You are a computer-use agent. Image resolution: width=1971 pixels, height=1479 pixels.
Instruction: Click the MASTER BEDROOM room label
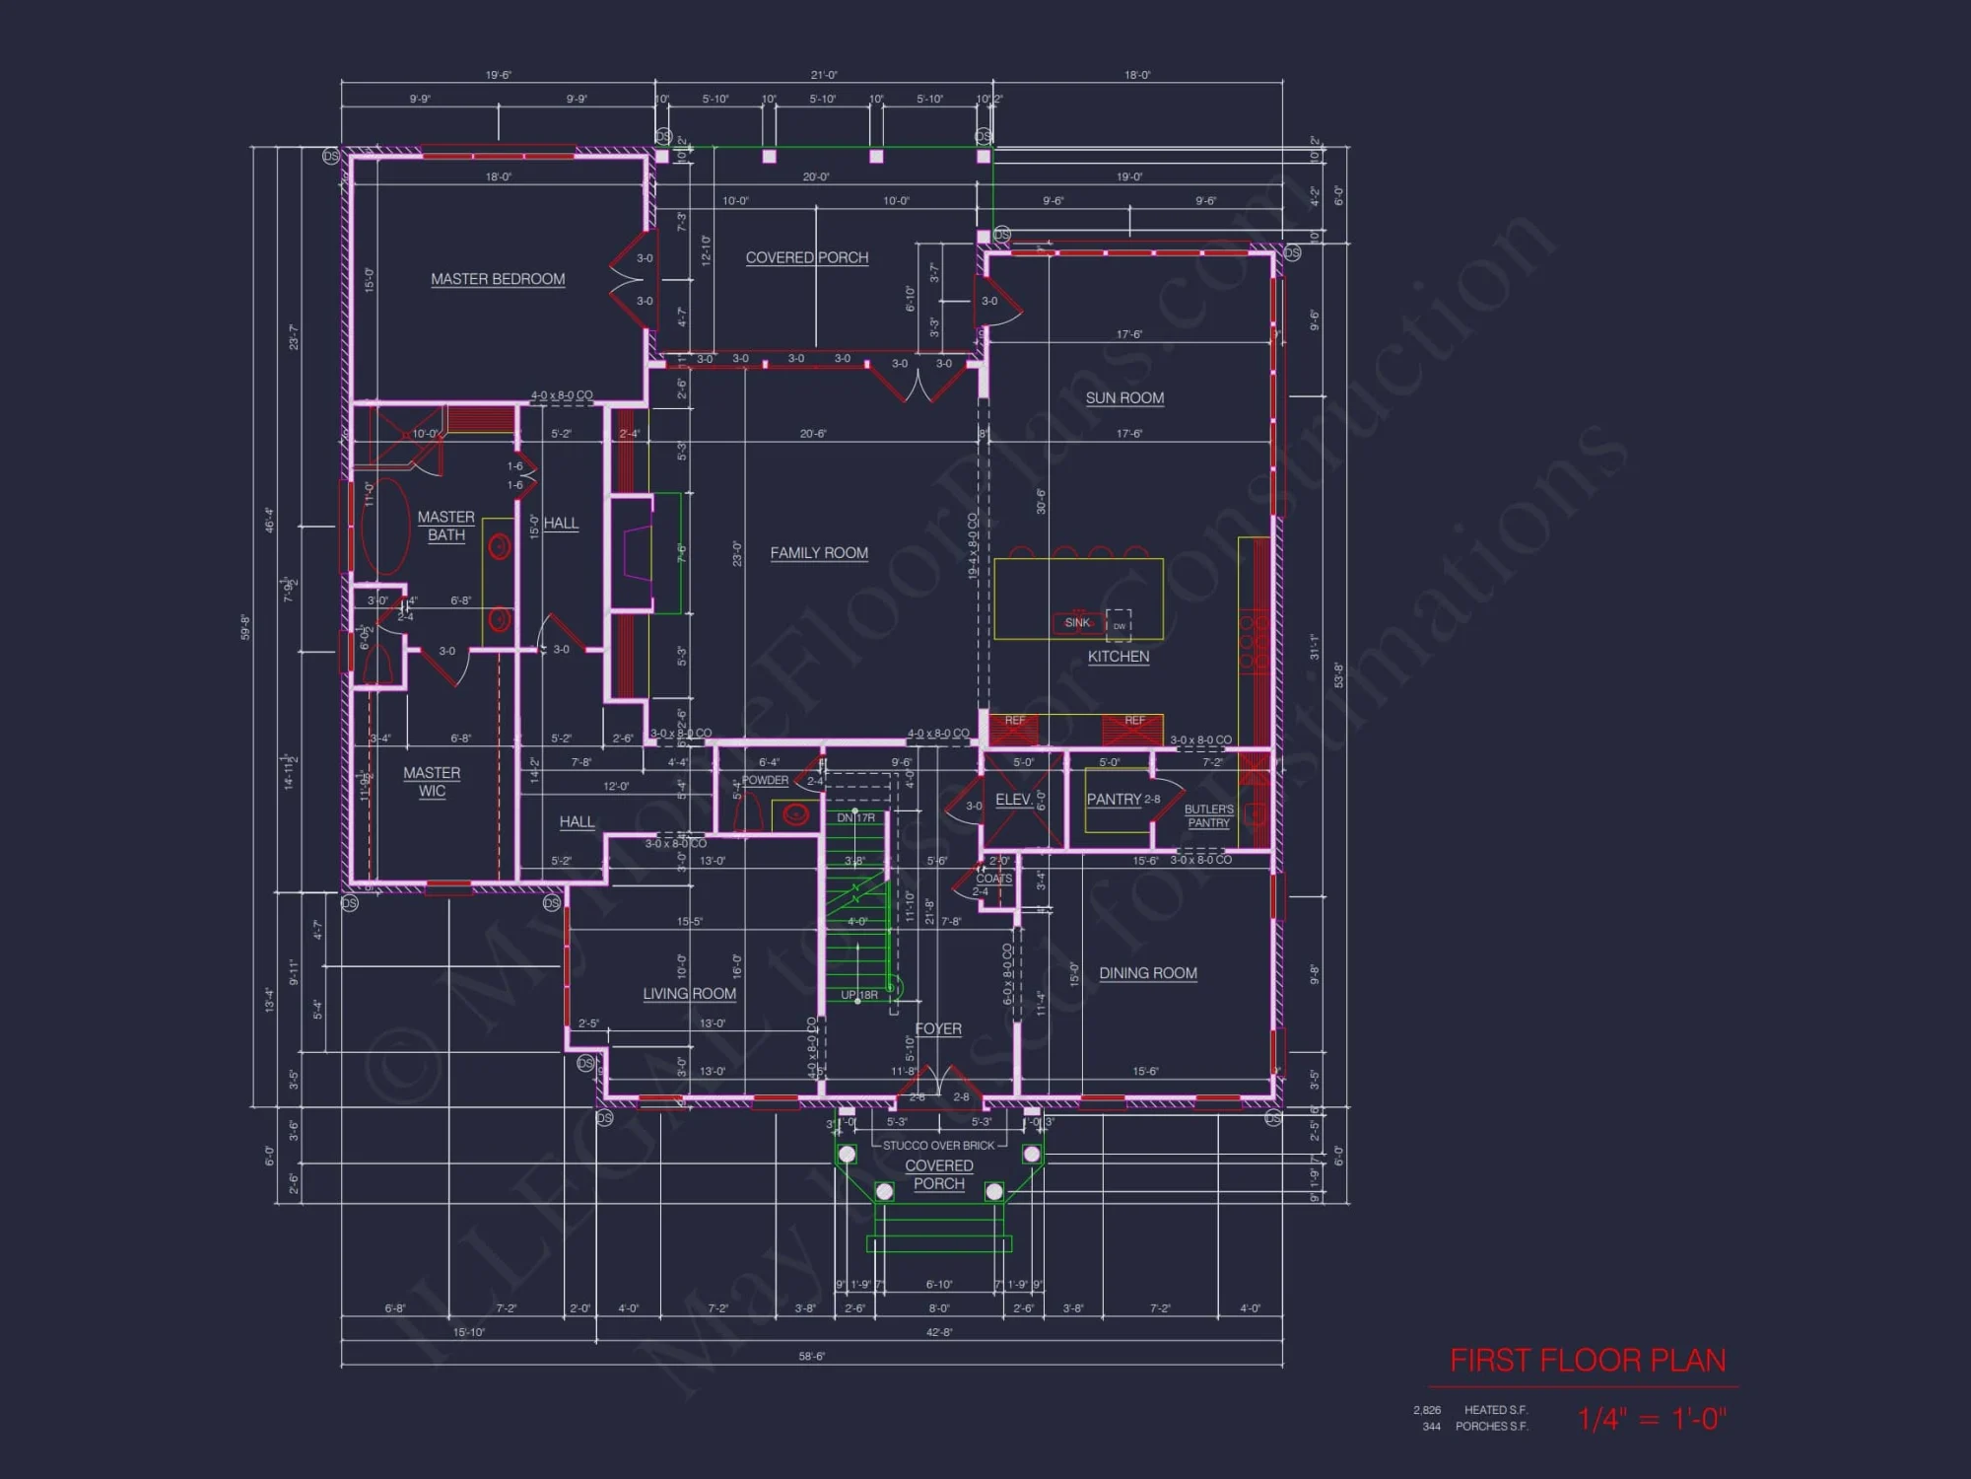pos(498,279)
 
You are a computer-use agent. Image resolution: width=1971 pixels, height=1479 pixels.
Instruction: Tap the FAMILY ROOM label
pos(819,553)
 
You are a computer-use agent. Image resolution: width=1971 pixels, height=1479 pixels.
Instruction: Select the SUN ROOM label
pos(1124,398)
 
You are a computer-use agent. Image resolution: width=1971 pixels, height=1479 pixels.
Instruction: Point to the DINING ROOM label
pos(1148,973)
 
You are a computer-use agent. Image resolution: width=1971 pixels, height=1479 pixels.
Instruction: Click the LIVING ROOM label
pos(689,994)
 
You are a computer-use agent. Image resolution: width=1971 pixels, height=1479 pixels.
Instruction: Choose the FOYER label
pos(938,1028)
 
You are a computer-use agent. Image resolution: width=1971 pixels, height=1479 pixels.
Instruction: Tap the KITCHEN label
pos(1119,657)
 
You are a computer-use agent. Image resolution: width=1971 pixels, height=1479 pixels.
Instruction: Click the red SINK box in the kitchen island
pos(1077,623)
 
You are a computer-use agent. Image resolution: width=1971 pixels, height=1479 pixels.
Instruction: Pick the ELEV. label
pos(1013,800)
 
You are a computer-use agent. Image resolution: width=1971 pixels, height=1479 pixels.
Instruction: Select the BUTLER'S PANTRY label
pos(1208,816)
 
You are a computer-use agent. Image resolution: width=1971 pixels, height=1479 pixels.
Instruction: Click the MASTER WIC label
pos(432,782)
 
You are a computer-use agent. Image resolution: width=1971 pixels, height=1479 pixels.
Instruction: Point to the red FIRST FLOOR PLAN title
pos(1588,1361)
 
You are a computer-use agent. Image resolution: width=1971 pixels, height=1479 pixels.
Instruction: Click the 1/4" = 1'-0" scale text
pos(1651,1419)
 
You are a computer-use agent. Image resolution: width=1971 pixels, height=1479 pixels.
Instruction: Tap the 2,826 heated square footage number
pos(1426,1410)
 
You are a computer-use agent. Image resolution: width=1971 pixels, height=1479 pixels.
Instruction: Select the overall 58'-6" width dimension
pos(811,1357)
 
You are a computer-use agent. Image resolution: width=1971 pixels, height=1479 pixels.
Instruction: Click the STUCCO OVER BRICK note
pos(938,1146)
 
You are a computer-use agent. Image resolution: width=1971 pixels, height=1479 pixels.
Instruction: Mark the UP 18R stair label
pos(858,995)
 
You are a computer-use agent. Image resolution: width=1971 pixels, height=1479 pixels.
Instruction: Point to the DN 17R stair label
pos(855,818)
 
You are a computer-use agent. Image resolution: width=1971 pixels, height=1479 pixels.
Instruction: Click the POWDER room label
pos(765,780)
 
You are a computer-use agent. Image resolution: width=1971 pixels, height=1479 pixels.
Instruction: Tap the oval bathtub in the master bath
pos(385,527)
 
